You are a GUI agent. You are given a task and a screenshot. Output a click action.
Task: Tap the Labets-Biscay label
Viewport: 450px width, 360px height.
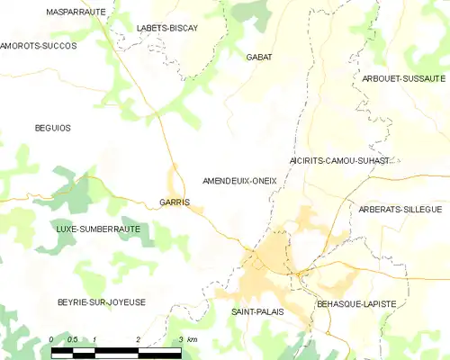tap(166, 28)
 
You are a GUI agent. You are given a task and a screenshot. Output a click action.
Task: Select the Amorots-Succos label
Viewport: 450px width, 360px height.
tap(39, 45)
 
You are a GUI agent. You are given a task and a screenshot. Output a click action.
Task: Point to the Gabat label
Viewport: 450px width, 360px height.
tap(259, 57)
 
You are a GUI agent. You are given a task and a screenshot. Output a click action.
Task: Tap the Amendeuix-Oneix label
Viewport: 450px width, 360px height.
tap(240, 181)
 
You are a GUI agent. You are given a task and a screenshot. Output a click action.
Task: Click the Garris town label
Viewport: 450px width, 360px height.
tap(174, 202)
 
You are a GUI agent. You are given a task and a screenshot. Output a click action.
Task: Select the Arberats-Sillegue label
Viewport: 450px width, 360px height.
tap(400, 209)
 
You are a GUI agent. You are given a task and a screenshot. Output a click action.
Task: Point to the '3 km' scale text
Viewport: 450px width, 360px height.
tap(188, 338)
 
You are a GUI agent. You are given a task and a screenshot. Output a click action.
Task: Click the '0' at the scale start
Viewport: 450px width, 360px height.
tap(53, 338)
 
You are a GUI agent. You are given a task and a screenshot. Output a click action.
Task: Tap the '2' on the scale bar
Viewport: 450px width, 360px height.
tap(139, 338)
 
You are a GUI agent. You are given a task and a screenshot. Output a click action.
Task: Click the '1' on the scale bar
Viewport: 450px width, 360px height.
tap(95, 338)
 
